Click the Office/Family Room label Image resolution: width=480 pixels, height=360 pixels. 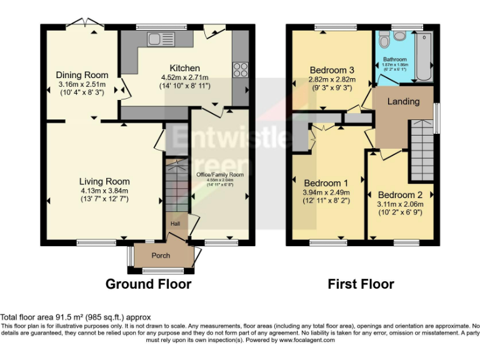coord(220,175)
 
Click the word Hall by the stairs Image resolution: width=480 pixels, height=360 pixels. coord(176,223)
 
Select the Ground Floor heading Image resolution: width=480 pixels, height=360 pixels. coord(148,284)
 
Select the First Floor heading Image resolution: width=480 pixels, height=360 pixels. coord(361,284)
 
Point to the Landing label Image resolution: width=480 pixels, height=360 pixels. coord(403,101)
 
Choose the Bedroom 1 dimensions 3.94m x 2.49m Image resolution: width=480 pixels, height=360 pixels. coord(326,192)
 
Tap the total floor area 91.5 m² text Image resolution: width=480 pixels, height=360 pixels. coord(75,317)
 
